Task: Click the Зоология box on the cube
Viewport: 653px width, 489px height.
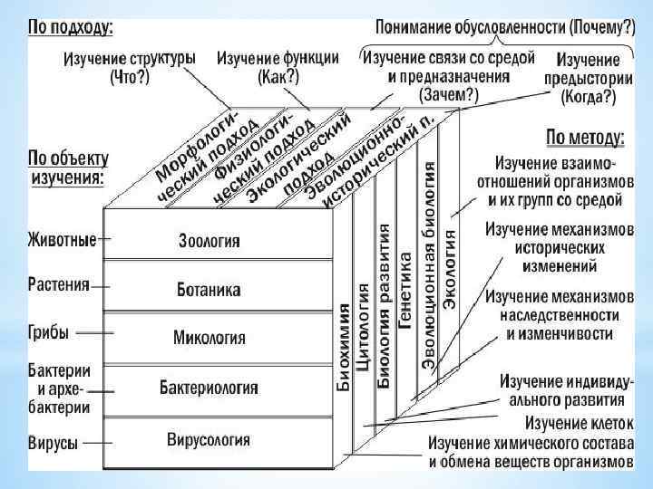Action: (x=210, y=241)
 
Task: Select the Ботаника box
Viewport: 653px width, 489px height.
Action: (x=210, y=290)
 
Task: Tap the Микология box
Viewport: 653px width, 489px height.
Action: (x=210, y=338)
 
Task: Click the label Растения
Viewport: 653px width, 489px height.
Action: (x=59, y=283)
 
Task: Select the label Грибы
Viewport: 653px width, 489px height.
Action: (x=48, y=332)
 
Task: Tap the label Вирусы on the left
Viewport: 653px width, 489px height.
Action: (x=53, y=443)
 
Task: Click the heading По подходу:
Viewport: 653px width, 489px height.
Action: (x=71, y=28)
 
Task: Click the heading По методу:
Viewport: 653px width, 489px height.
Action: (x=585, y=139)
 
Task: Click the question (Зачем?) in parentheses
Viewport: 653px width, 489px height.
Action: (x=448, y=92)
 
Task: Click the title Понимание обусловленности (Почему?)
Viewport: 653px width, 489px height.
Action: (x=505, y=28)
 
